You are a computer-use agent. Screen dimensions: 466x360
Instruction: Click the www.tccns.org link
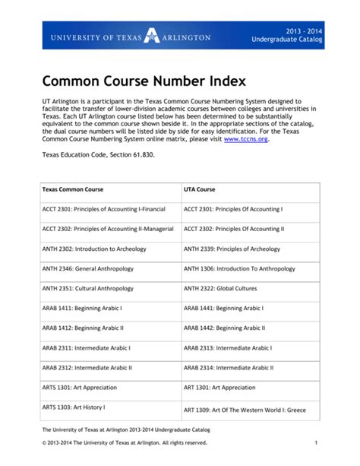click(245, 139)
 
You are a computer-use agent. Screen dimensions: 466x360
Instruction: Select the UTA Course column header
click(200, 189)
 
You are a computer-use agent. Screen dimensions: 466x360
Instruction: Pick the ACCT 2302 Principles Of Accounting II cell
click(233, 229)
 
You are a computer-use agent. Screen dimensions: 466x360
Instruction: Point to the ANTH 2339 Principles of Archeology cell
click(232, 249)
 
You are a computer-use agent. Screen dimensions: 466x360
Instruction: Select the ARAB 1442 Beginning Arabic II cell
click(224, 328)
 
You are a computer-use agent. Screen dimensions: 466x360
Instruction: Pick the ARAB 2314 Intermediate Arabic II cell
click(229, 368)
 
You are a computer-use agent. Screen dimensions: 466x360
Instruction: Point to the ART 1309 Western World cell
click(245, 410)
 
